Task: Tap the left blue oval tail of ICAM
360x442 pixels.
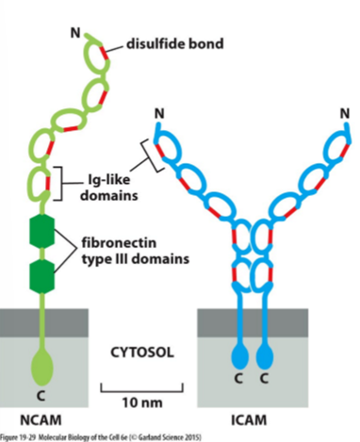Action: coord(237,358)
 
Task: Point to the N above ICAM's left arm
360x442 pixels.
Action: coord(157,114)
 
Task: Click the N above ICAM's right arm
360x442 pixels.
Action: coord(344,114)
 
